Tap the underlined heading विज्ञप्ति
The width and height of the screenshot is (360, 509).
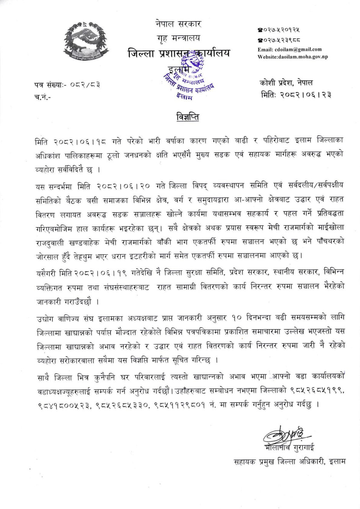[188, 117]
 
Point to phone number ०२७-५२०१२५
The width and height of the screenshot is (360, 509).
[279, 29]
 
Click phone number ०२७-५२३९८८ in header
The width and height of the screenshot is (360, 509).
[279, 39]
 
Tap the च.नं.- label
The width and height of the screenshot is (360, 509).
[42, 97]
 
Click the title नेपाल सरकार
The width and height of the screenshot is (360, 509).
[178, 24]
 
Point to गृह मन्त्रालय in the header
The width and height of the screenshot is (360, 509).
[178, 38]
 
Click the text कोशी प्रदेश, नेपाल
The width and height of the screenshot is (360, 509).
[286, 82]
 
